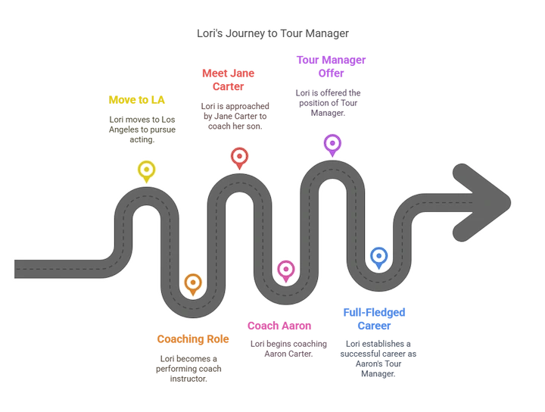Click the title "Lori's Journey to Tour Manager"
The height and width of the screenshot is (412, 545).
272,33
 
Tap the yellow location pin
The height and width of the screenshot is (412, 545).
146,171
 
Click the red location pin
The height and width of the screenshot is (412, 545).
239,158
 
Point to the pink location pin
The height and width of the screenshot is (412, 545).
285,271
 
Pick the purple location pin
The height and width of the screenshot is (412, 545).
332,145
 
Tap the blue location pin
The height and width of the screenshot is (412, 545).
379,258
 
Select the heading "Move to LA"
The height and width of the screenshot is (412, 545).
136,100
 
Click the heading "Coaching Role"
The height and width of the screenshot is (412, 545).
193,339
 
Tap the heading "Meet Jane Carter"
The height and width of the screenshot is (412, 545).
229,80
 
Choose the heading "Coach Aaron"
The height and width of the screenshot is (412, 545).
279,326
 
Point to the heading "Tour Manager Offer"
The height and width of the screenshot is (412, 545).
331,67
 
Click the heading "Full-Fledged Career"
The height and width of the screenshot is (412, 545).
375,319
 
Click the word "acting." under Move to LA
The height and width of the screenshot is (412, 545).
142,139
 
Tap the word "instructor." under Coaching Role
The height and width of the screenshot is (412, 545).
188,379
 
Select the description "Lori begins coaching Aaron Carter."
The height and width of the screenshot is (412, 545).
288,348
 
